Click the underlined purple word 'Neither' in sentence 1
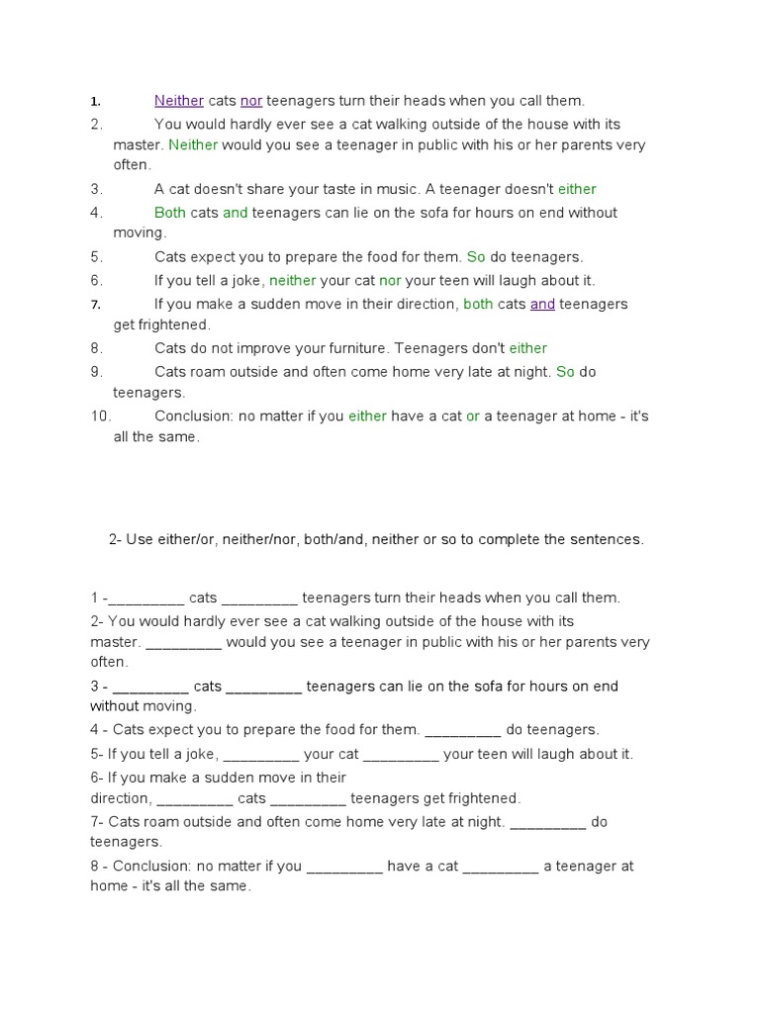179,101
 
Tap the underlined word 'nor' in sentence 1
251,101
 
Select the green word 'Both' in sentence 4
170,213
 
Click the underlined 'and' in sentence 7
542,304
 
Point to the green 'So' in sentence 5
476,257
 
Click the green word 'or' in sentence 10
473,416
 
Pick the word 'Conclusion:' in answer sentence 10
194,416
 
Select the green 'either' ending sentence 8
528,348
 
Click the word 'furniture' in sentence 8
352,348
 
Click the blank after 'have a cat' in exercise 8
501,868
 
